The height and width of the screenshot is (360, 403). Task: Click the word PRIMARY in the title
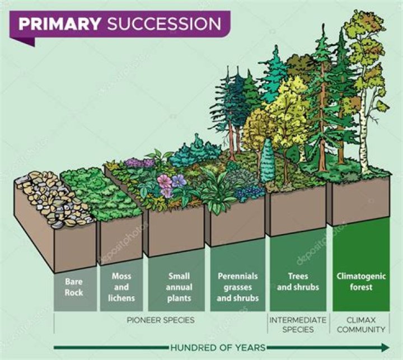(x=58, y=24)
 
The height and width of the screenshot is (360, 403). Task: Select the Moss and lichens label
(x=121, y=287)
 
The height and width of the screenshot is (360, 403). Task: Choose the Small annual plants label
(x=179, y=287)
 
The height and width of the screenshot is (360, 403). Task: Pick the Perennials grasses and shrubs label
(x=238, y=287)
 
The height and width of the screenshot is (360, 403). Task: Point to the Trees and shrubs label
(x=298, y=282)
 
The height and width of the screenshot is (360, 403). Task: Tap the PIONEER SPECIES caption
(x=161, y=320)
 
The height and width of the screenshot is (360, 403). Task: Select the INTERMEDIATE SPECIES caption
(x=298, y=325)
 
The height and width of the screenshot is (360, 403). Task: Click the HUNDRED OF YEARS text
(x=218, y=347)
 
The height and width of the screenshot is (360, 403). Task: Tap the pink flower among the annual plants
(x=164, y=181)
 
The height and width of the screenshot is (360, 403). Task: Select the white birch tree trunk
(x=369, y=134)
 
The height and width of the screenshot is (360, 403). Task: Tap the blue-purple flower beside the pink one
(x=179, y=181)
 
